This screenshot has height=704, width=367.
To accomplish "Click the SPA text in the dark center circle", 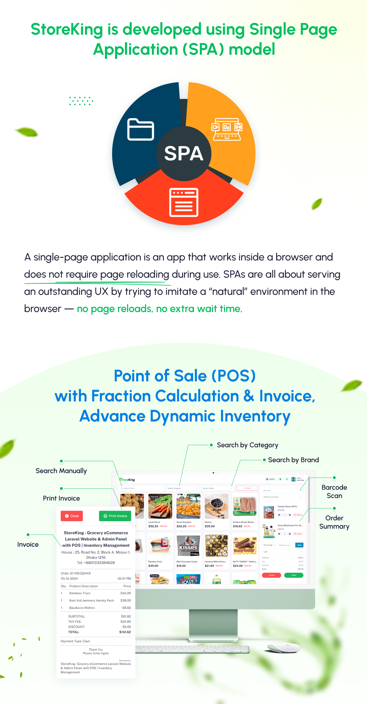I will tap(183, 153).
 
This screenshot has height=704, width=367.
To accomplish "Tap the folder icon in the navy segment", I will tap(140, 129).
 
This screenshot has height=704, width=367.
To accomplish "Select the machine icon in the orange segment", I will tap(227, 129).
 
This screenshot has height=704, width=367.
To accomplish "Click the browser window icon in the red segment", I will tap(184, 202).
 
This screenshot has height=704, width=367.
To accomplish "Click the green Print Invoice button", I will tap(115, 516).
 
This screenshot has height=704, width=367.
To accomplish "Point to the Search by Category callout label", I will tap(247, 445).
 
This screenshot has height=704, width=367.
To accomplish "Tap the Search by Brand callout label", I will tap(293, 460).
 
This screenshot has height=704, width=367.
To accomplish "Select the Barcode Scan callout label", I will tap(334, 491).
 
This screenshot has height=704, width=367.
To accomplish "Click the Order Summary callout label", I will tap(334, 522).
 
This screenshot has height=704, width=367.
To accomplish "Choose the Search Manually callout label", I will tap(61, 471).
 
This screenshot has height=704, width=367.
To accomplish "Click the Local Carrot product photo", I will tap(160, 506).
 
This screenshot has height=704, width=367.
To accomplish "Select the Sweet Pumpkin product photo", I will tap(188, 506).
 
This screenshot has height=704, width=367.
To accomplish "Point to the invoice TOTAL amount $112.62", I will tap(125, 632).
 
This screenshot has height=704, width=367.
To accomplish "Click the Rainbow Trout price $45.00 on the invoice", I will tap(126, 593).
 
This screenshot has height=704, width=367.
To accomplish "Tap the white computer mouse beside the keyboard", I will tap(284, 647).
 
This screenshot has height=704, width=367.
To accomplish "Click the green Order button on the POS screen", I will tap(294, 575).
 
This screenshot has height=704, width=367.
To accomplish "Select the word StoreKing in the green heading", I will tap(67, 29).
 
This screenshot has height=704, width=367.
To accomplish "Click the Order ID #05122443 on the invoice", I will tap(76, 573).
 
